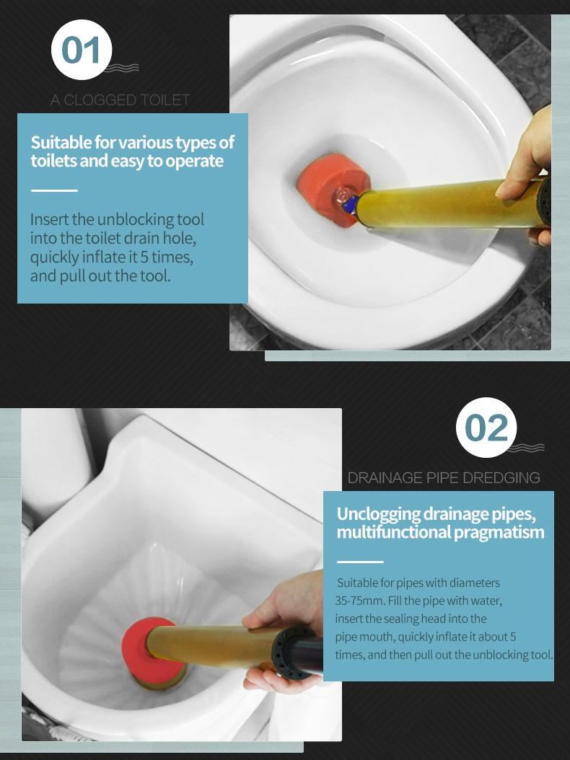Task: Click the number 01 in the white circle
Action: (x=81, y=50)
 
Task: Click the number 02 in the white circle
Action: (x=486, y=428)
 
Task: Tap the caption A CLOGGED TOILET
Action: (x=120, y=100)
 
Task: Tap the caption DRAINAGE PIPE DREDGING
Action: (x=444, y=478)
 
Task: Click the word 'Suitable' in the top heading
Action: (x=61, y=143)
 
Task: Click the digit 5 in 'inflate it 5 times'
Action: (x=144, y=257)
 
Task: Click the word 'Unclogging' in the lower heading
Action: (x=378, y=514)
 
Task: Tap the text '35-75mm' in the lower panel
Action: (x=359, y=601)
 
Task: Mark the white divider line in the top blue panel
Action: (x=54, y=190)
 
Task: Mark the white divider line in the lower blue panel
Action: (x=360, y=562)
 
